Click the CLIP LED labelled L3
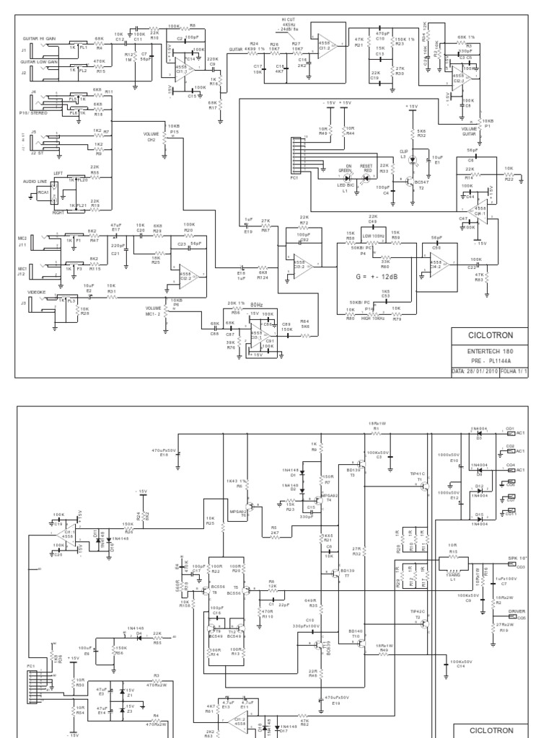point(413,158)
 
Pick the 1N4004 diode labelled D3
point(479,434)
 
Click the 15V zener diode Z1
point(123,692)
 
